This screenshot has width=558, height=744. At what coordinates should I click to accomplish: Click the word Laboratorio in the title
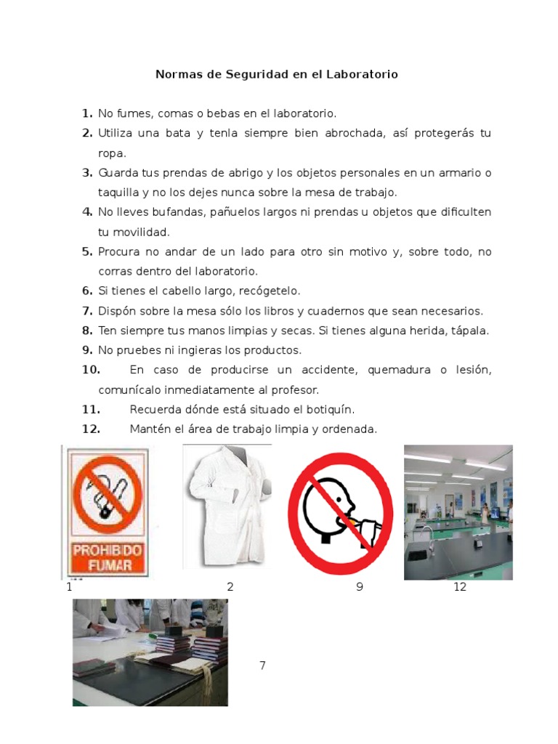[361, 75]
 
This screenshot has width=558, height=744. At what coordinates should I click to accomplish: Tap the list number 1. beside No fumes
[87, 113]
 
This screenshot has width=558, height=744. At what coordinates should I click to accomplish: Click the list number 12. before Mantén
[91, 429]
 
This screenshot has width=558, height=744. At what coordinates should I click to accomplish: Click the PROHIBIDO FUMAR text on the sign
[107, 556]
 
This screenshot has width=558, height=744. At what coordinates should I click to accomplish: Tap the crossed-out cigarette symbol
[107, 491]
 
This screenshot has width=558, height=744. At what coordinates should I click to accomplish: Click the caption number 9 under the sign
[360, 587]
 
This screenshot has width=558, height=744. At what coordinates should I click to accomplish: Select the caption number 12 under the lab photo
[459, 587]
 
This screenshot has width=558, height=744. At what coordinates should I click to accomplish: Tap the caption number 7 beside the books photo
[262, 666]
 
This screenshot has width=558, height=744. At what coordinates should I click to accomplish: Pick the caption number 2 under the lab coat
[230, 587]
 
